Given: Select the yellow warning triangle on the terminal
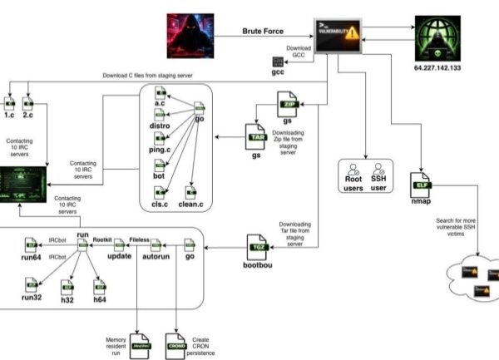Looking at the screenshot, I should coord(353,34).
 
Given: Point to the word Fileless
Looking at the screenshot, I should coord(138,239).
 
